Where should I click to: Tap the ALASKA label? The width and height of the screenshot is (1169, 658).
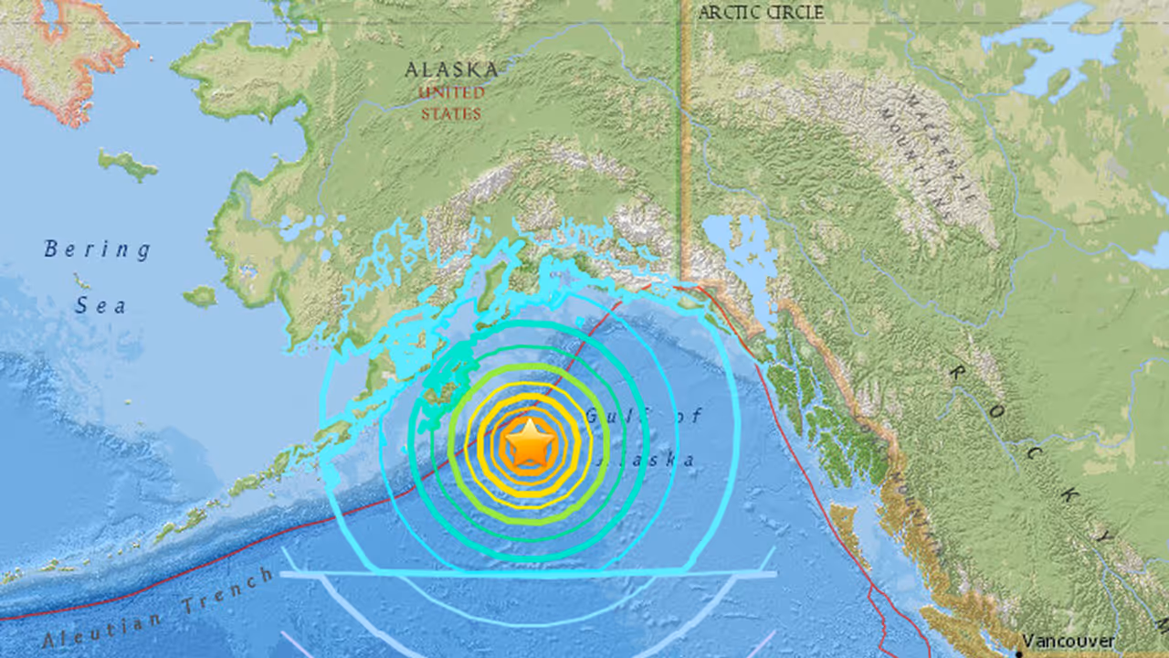[x=452, y=69]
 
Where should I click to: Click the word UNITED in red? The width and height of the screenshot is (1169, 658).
[x=452, y=93]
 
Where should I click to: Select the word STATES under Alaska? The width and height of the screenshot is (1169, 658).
[x=451, y=114]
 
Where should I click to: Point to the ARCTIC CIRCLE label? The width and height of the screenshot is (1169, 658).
[x=760, y=13]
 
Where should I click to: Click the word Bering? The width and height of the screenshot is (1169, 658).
[x=98, y=249]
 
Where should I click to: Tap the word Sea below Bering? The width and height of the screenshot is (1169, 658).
[x=100, y=306]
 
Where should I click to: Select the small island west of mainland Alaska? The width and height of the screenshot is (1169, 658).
[x=128, y=164]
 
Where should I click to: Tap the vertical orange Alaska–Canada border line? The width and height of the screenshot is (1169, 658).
[x=683, y=137]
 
